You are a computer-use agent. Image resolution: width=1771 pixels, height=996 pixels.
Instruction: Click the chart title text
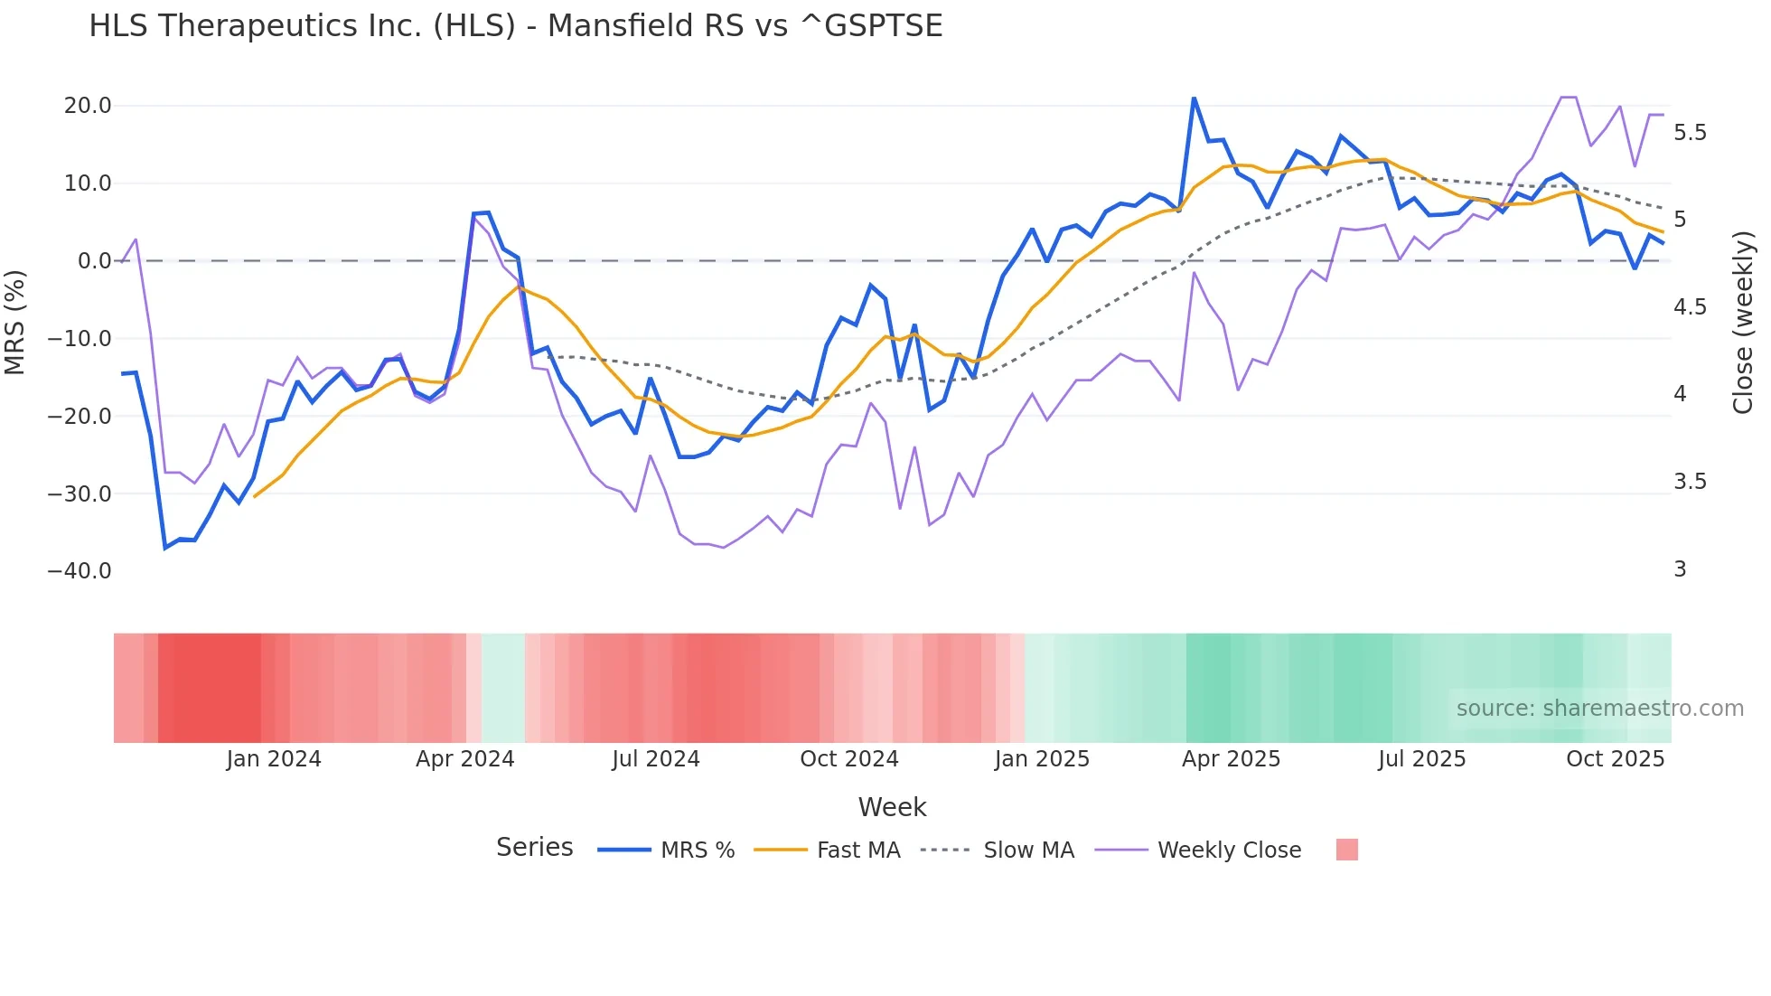[x=515, y=26]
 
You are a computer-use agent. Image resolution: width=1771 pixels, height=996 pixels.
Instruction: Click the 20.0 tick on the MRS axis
[x=88, y=106]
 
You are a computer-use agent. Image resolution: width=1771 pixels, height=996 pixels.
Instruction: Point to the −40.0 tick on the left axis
[x=80, y=571]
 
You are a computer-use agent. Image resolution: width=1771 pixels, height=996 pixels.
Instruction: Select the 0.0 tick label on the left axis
[x=94, y=261]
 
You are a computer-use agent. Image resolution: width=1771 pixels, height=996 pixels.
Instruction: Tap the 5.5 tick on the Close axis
[x=1690, y=133]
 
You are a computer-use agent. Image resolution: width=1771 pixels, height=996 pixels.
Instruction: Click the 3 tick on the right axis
[x=1680, y=569]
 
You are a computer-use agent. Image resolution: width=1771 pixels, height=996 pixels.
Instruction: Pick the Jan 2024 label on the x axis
[x=273, y=759]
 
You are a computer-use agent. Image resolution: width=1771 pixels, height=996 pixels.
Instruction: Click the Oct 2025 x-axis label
[x=1615, y=759]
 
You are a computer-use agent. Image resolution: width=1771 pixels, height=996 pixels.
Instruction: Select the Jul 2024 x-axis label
[x=655, y=759]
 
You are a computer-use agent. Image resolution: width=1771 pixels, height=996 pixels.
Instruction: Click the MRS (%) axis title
[x=15, y=322]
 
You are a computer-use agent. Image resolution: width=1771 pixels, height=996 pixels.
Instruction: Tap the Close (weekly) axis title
[x=1743, y=322]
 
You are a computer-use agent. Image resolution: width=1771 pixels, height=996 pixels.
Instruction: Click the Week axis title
[x=892, y=807]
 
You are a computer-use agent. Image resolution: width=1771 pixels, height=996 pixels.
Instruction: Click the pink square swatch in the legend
[x=1346, y=850]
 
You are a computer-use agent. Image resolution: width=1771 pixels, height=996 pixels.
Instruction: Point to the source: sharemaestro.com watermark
[x=1599, y=709]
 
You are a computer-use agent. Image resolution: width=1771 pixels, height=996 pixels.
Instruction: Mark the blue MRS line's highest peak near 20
[x=1194, y=99]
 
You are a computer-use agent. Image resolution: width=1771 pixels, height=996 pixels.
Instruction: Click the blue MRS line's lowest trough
[x=165, y=548]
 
